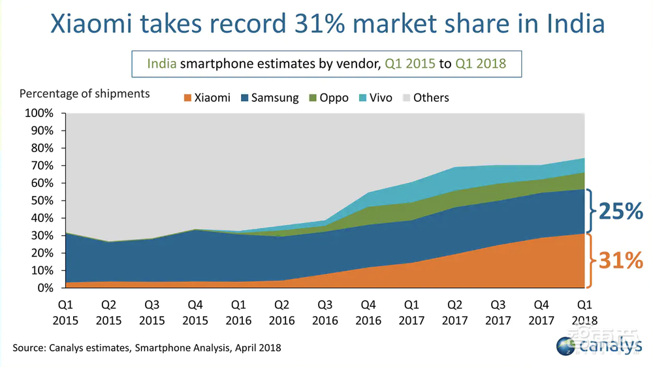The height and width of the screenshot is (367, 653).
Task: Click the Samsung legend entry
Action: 270,98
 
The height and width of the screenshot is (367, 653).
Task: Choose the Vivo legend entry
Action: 374,98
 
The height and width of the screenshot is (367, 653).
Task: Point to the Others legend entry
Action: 424,98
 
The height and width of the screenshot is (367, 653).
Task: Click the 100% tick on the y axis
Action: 39,113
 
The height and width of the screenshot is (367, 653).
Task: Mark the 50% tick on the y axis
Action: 42,200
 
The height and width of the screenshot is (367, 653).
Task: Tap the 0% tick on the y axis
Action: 44,288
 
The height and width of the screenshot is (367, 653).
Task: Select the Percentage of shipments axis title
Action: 84,93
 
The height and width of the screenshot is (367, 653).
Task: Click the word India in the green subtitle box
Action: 161,64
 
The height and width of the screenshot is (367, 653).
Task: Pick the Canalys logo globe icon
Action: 566,345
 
